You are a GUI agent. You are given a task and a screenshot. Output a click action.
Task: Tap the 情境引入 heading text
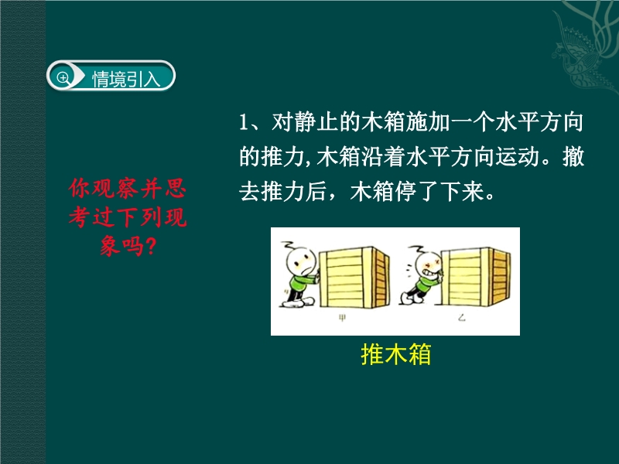click(126, 79)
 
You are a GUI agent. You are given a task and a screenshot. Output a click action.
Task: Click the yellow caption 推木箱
click(395, 354)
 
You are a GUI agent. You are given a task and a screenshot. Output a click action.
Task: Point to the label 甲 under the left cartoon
click(342, 318)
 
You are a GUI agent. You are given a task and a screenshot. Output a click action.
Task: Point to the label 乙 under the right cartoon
click(461, 317)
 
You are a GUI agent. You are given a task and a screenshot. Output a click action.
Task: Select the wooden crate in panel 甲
click(354, 278)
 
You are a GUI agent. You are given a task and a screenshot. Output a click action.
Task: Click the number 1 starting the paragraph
click(243, 123)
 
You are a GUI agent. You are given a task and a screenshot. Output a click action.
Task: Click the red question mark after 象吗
click(151, 246)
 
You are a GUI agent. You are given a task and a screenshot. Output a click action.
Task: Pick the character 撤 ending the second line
click(573, 157)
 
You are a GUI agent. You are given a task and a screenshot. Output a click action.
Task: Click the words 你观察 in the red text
click(103, 188)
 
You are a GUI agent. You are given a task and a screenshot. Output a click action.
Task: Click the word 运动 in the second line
click(518, 157)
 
